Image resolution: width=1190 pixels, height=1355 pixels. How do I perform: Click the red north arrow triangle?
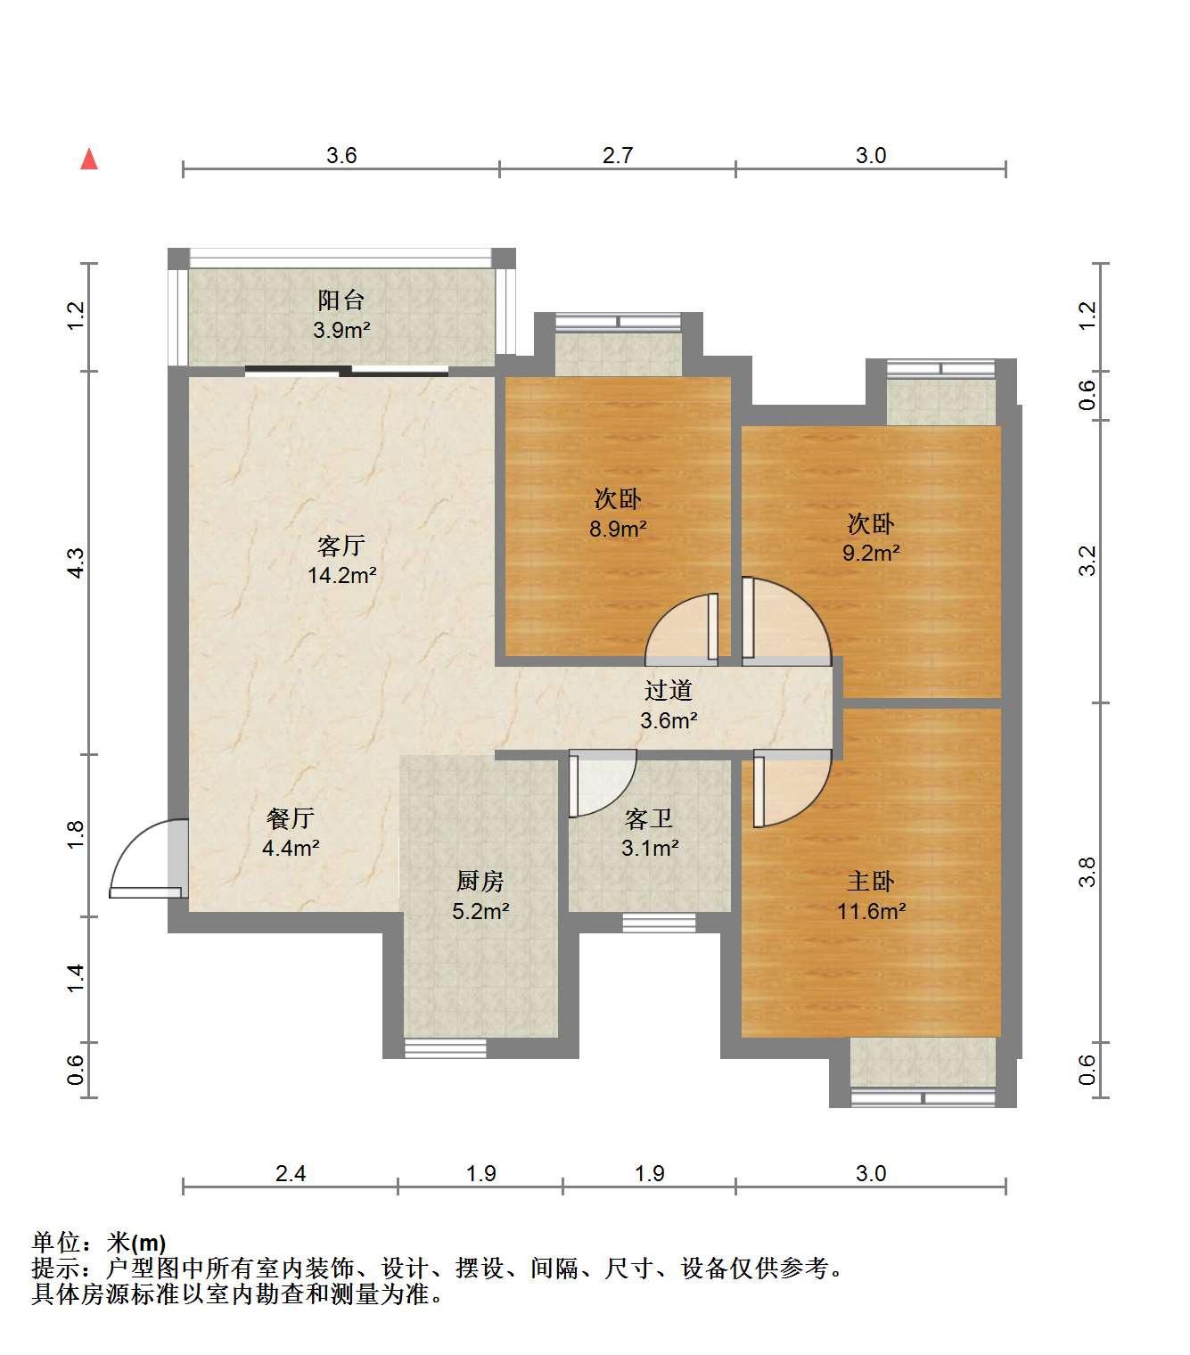pos(89,160)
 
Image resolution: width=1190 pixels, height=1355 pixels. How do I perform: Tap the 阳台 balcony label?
pos(341,300)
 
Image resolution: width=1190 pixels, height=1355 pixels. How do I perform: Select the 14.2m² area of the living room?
pos(341,575)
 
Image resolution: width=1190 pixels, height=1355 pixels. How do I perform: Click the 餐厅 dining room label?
pos(291,818)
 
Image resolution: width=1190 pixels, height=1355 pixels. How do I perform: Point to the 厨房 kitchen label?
pos(480,881)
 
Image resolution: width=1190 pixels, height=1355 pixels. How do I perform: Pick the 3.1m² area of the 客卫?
pos(650,848)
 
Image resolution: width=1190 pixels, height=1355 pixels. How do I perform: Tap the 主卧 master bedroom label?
pos(871,881)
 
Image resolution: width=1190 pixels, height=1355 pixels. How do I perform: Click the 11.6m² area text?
pos(872,911)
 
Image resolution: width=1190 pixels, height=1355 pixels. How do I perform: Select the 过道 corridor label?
pos(669,690)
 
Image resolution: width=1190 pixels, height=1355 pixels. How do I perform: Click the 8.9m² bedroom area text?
pos(618,529)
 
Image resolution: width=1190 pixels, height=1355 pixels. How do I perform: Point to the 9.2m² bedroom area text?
pos(871,553)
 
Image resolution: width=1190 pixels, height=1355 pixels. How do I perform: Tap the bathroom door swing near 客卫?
pos(602,784)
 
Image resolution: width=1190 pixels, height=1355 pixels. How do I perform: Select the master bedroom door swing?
pos(792,789)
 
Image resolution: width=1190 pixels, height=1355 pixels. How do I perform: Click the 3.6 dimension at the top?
pos(341,155)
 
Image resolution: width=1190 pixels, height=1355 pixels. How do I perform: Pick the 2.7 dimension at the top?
pos(618,155)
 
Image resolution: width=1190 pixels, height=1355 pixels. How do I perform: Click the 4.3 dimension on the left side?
pos(77,563)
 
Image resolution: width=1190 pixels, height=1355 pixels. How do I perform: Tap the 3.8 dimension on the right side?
pos(1087,872)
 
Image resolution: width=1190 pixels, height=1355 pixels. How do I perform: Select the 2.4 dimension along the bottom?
pos(291,1172)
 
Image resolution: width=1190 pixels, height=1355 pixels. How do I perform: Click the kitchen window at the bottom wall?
pos(446,1047)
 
